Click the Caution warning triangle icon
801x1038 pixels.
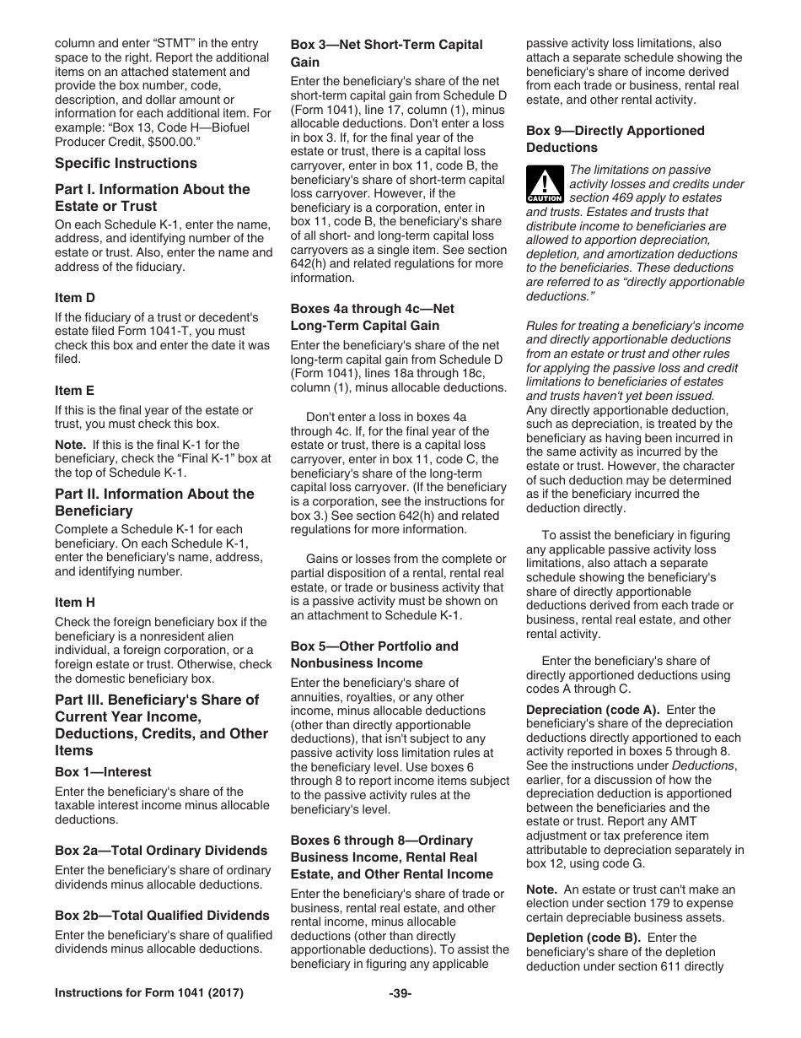click(x=545, y=182)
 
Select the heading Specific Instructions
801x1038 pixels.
click(x=126, y=163)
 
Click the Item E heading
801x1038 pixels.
click(x=74, y=391)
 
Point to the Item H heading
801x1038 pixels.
click(x=74, y=603)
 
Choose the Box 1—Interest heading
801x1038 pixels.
click(x=103, y=772)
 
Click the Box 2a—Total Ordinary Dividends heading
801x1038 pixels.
click(x=161, y=851)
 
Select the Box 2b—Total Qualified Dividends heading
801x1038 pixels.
click(x=162, y=916)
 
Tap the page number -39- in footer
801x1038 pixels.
click(x=400, y=993)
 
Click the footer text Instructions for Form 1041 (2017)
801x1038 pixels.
click(x=149, y=993)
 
